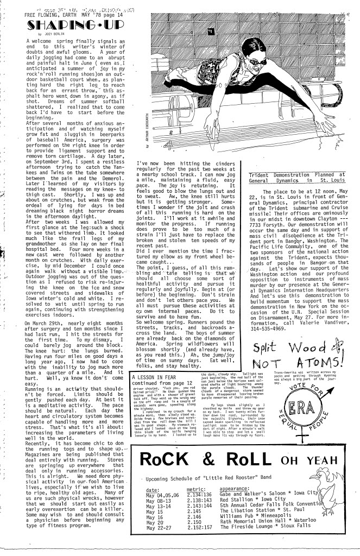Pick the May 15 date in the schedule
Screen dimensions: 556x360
click(x=155, y=512)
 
